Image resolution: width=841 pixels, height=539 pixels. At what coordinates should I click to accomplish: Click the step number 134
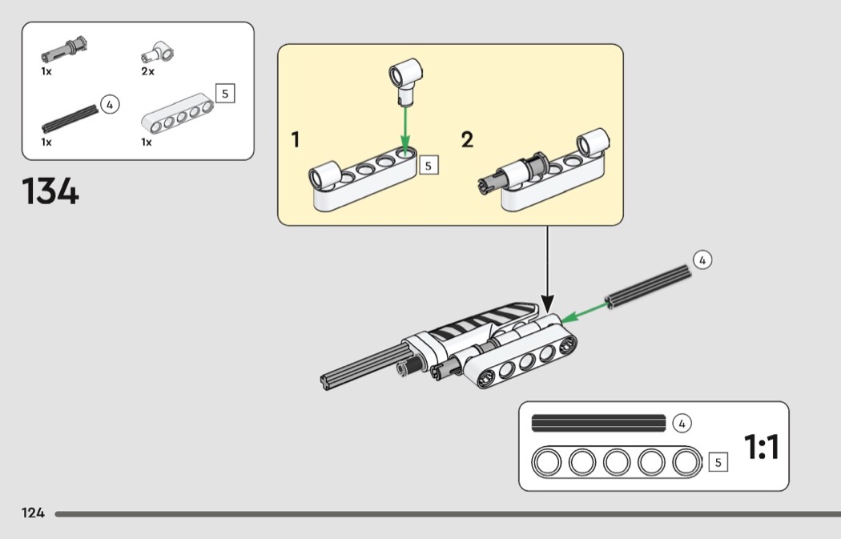(50, 191)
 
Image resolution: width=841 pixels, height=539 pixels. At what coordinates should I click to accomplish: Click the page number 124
(33, 513)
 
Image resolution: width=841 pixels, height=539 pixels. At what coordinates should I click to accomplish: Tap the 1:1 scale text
(761, 448)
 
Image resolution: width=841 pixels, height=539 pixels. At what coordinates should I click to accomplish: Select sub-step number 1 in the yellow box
(296, 140)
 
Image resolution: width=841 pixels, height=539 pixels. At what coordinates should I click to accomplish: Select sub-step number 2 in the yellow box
(467, 140)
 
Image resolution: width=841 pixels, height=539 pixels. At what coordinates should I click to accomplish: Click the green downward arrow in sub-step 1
(406, 128)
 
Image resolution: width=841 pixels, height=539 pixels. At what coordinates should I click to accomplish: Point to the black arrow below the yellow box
(547, 272)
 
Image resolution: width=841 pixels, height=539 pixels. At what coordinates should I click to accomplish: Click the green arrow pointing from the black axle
(582, 312)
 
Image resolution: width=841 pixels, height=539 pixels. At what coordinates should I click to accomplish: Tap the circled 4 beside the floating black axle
(701, 259)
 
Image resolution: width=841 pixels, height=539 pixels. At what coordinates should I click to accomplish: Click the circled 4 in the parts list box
(110, 105)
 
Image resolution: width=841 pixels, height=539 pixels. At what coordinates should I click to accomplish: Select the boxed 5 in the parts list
(224, 94)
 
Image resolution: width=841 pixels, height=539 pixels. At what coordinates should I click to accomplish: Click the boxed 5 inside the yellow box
(428, 166)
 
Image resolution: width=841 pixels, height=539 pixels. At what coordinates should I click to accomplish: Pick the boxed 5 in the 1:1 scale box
(718, 462)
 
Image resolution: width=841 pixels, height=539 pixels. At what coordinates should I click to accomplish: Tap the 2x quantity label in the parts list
(147, 71)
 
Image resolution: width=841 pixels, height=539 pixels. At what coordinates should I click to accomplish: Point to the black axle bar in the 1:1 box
(598, 422)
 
